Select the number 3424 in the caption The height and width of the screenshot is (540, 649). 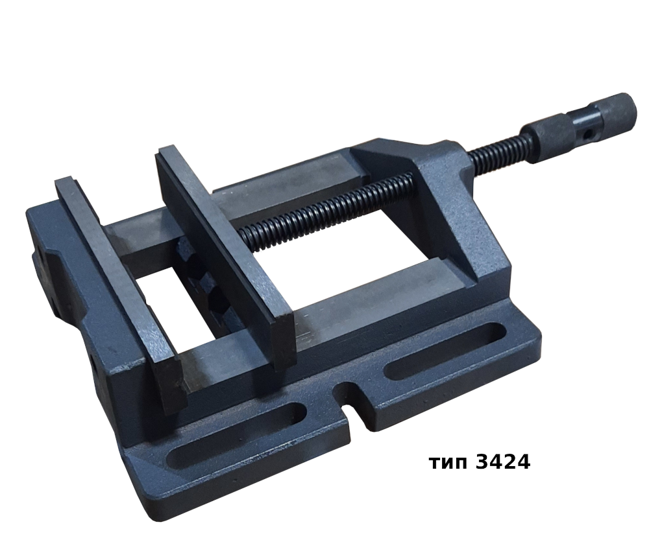click(503, 462)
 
